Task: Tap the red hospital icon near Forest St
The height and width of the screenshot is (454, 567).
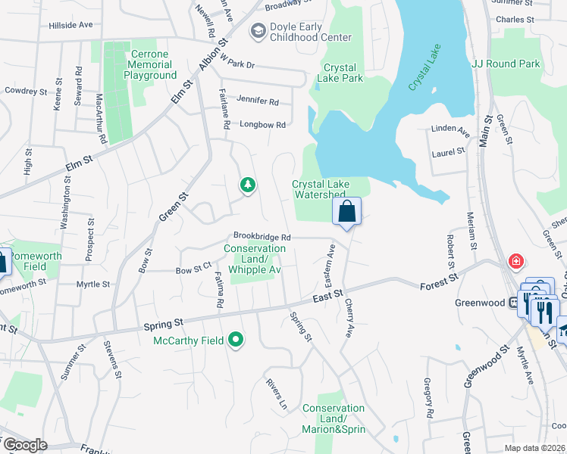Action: coord(516,262)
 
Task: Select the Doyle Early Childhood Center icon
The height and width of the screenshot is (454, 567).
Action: coord(258,31)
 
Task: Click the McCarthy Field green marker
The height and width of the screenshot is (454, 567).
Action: coord(236,340)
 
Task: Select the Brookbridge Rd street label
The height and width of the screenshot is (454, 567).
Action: coord(262,236)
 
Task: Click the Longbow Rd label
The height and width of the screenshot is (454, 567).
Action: coord(262,125)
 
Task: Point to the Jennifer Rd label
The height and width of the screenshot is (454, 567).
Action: coord(258,101)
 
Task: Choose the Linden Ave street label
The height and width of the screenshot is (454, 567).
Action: coord(450,129)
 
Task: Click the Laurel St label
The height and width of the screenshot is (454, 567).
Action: coord(448,151)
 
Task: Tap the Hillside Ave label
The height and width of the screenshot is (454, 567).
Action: coord(70,25)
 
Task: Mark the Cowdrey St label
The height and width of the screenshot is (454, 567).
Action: coord(26,91)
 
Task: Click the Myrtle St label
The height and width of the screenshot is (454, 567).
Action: coord(93,285)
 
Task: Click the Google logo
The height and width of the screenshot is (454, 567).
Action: coord(25,445)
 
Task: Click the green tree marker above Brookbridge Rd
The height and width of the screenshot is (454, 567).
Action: coord(247,184)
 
